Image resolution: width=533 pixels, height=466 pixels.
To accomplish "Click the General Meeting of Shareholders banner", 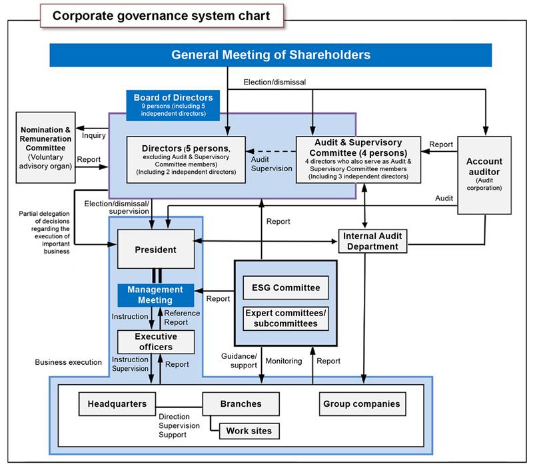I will pos(270,55).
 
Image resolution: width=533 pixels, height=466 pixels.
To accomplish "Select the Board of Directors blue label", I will pos(173,103).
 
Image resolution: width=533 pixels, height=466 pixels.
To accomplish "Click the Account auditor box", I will pos(484,174).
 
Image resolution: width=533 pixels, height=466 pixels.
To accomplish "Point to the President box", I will pos(155,250).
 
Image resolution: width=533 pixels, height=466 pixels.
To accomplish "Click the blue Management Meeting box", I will pos(155,295).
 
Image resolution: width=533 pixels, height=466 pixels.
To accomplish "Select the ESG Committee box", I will pos(285,288).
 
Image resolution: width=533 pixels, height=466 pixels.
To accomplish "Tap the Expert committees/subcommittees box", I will pos(285,318).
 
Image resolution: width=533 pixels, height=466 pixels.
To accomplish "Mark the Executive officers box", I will pos(155,342).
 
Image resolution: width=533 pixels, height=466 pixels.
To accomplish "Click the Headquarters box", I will pos(117,403).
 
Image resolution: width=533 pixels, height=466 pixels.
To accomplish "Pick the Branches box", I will pos(241,403).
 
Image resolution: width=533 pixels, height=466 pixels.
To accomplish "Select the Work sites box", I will pos(249,431).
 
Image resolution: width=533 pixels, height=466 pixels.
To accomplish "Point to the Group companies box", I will pos(361,403).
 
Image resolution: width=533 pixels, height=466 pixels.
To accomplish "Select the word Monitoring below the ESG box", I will pos(284,361).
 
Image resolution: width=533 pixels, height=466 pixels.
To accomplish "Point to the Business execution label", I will pos(68,362).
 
